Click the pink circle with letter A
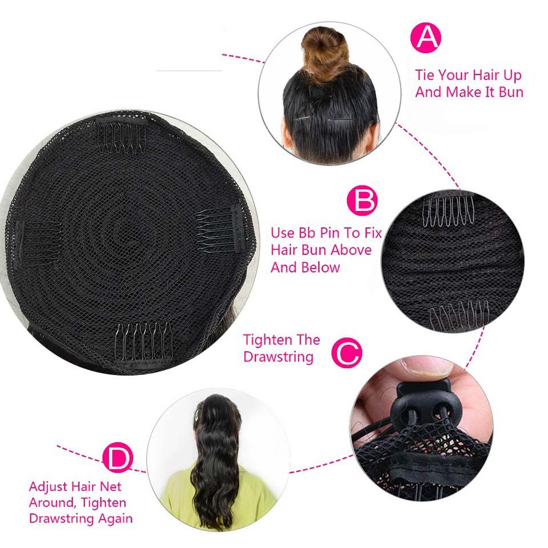425,38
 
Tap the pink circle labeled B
362,200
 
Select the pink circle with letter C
346,352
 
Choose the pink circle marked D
118,457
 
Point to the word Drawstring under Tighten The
278,357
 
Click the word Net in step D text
111,486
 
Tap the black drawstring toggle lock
422,405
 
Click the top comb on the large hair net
121,136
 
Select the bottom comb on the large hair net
144,344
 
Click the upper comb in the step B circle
449,212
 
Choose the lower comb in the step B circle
459,316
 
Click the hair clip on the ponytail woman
198,414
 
